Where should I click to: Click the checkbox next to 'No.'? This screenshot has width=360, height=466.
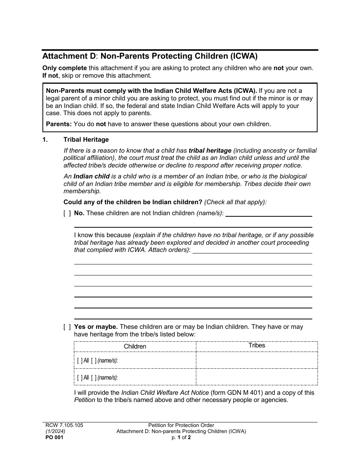(x=67, y=213)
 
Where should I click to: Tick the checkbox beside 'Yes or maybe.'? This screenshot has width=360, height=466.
(x=67, y=327)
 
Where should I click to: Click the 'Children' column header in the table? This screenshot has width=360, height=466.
(x=135, y=346)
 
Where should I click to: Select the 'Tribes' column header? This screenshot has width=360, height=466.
(x=257, y=345)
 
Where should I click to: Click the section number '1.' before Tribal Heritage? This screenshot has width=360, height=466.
(x=45, y=140)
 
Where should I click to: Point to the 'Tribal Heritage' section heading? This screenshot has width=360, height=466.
(x=86, y=140)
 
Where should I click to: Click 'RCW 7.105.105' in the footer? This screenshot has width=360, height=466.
(x=63, y=425)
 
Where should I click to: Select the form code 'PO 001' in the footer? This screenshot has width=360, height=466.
(x=53, y=437)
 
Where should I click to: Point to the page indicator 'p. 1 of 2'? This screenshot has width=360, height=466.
(x=181, y=437)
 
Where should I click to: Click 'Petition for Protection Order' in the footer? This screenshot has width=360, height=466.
(x=181, y=425)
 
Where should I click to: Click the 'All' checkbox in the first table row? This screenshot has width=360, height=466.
(x=80, y=361)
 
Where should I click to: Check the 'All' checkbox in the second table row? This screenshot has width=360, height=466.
(x=80, y=377)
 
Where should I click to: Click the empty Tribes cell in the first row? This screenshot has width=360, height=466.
(x=257, y=360)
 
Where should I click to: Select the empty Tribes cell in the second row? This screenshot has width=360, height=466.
(x=257, y=377)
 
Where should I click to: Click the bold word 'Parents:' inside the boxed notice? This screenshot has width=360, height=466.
(x=59, y=124)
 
